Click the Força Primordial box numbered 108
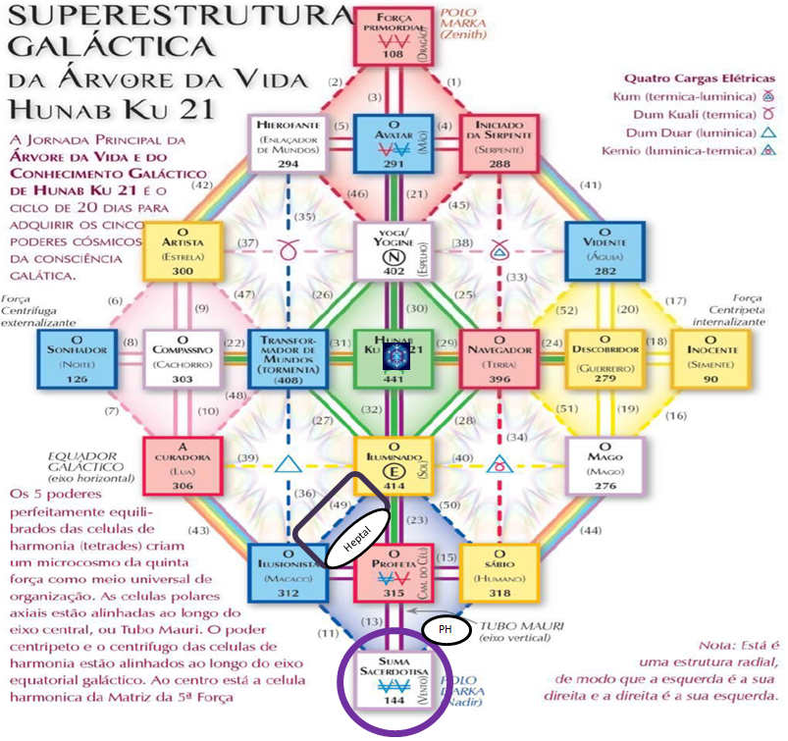[393, 35]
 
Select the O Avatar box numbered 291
[393, 143]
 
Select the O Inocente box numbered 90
[712, 357]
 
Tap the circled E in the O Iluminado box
[393, 467]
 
